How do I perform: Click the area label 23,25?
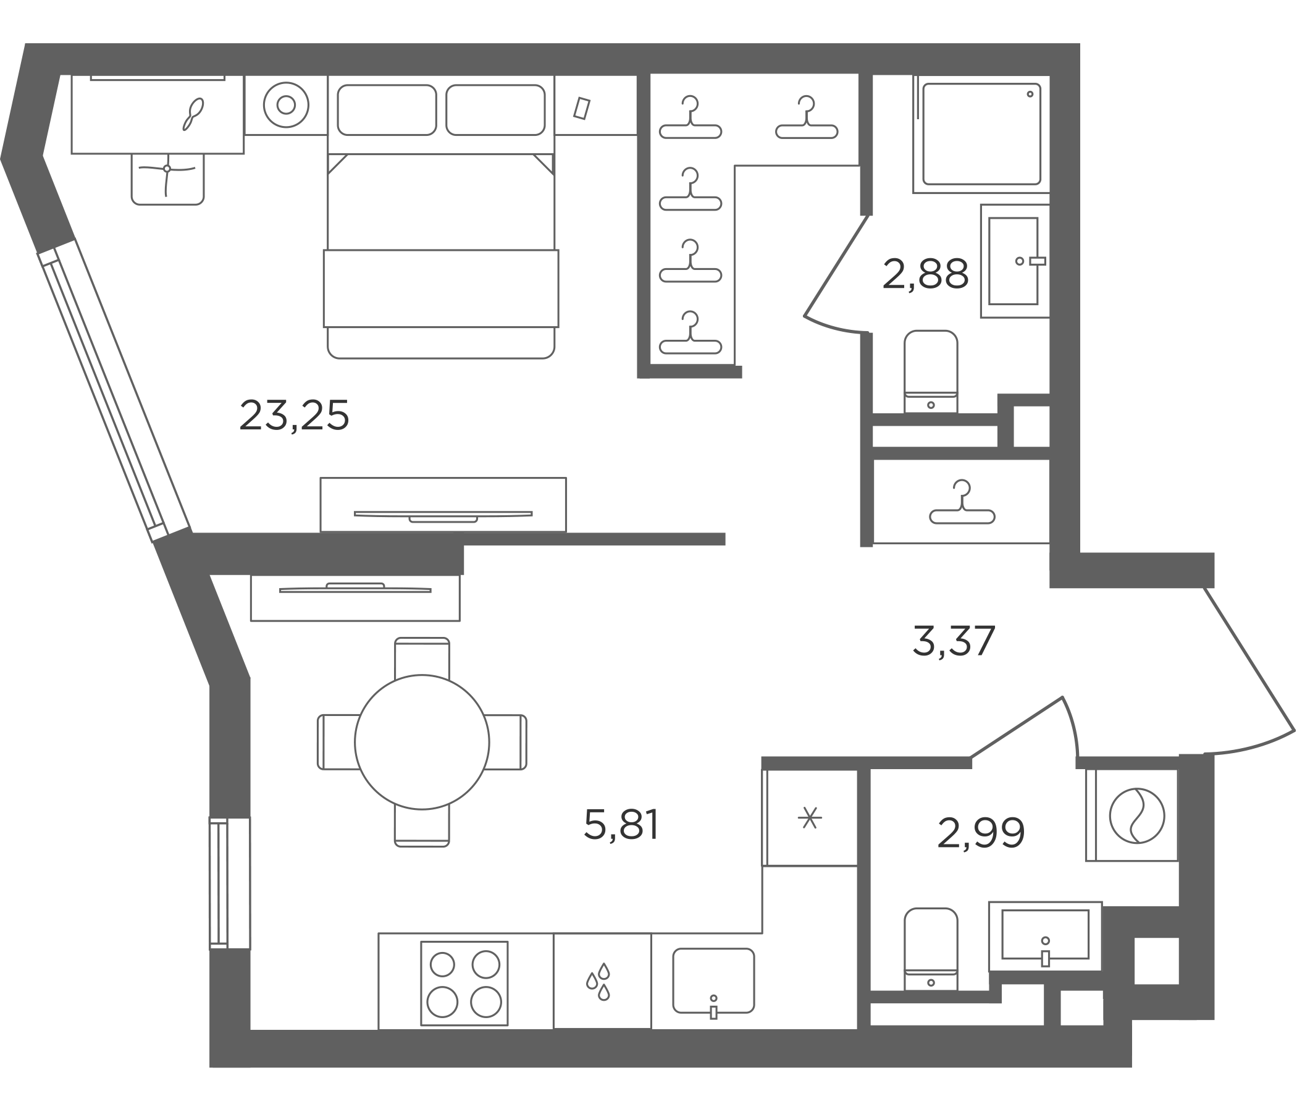coord(294,416)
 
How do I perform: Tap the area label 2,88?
coord(925,274)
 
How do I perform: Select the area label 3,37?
coord(954,641)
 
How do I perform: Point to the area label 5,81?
coord(621,825)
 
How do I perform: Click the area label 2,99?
coord(981,833)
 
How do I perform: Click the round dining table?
coord(422,742)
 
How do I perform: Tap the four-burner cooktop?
coord(464,984)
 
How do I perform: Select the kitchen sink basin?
coord(713,980)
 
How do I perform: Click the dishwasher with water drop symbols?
coord(602,981)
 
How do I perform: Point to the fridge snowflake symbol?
coord(810,818)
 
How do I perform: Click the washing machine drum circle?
coord(1137,816)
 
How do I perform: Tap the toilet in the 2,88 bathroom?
coord(931,371)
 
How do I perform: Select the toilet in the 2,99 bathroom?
coord(931,949)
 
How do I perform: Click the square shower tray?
coord(981,134)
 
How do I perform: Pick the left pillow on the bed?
coord(387,109)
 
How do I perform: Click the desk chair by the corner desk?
coord(167,179)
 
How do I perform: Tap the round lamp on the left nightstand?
coord(286,104)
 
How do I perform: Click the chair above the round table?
coord(422,657)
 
